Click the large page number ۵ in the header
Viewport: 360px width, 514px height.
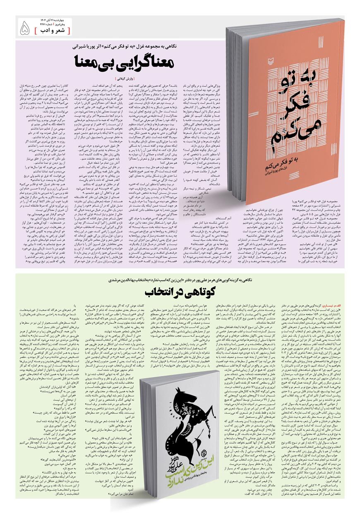(25, 28)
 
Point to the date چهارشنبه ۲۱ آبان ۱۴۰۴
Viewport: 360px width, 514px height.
(55, 20)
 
